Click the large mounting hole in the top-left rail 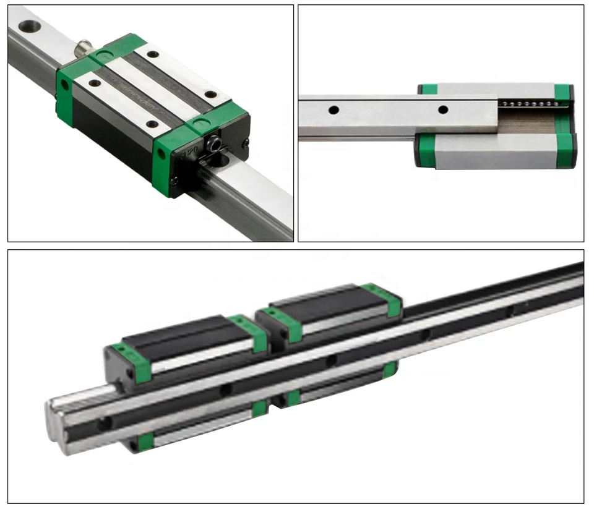(x=29, y=26)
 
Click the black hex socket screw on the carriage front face (x=215, y=144)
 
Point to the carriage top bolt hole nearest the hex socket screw (x=211, y=95)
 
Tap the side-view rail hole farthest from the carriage (x=334, y=110)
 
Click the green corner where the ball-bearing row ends (x=562, y=92)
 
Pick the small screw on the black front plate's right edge (x=246, y=143)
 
